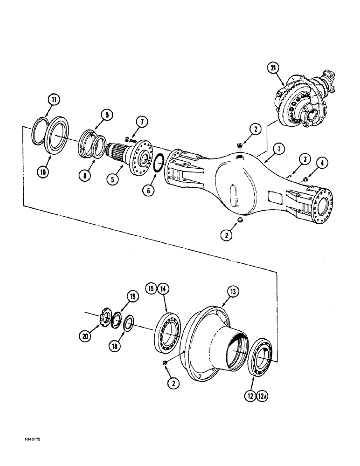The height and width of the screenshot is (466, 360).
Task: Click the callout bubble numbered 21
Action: [x=273, y=68]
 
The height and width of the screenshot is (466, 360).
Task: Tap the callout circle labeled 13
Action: [x=233, y=292]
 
